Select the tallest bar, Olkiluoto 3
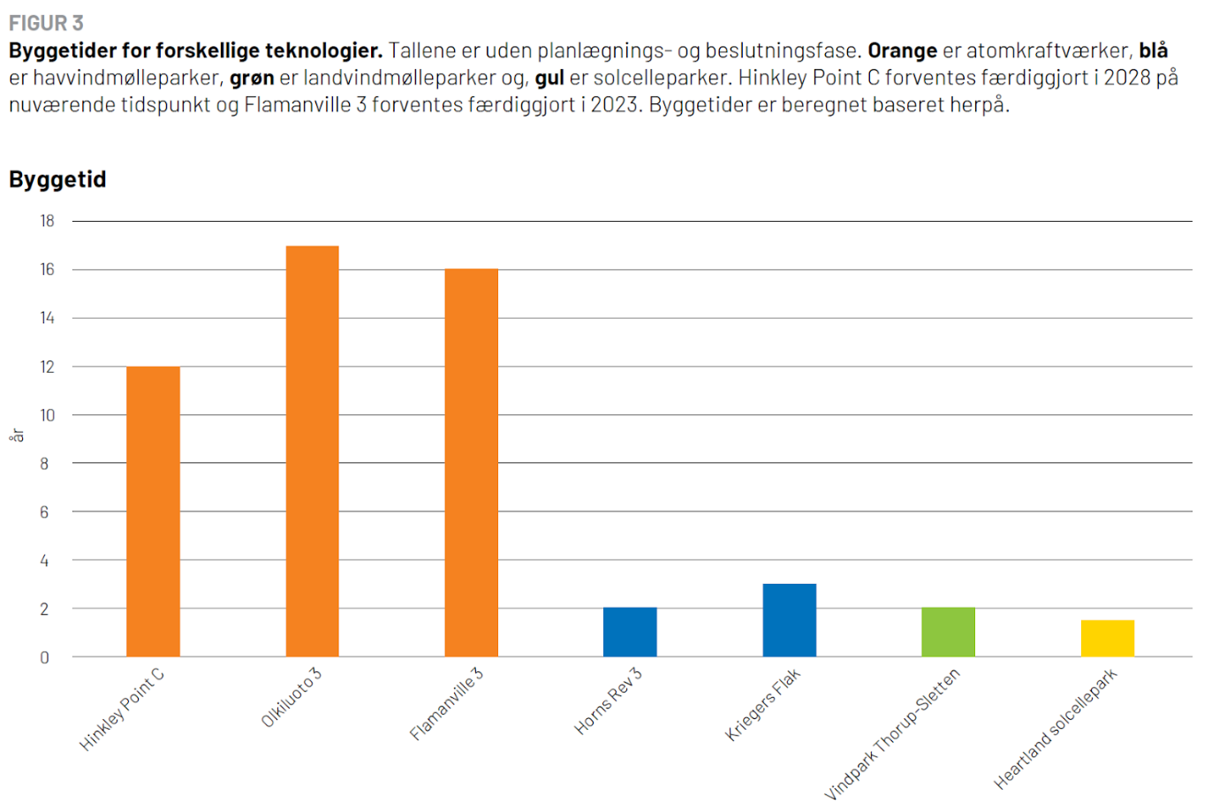click(x=312, y=451)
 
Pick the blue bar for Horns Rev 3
click(x=630, y=632)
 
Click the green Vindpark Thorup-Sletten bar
click(x=948, y=632)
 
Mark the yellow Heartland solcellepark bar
click(x=1107, y=638)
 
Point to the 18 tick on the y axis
click(x=47, y=221)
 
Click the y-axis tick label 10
click(x=47, y=415)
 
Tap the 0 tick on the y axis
click(x=44, y=657)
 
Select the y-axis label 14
click(x=47, y=318)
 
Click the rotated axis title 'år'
click(x=17, y=436)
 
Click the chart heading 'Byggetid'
click(x=57, y=179)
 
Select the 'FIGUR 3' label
click(x=46, y=23)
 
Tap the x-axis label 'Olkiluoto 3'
click(x=291, y=698)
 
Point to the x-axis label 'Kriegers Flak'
click(x=762, y=704)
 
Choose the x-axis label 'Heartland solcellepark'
click(x=1056, y=730)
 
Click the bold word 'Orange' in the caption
click(x=902, y=50)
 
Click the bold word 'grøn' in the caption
click(x=252, y=78)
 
